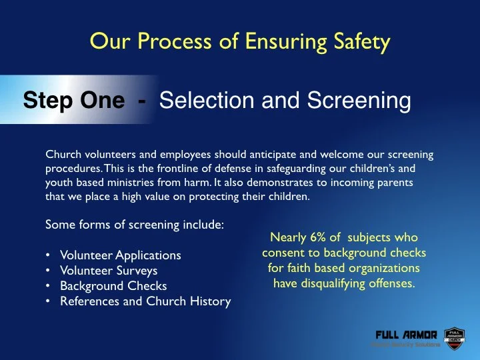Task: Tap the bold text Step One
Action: [73, 101]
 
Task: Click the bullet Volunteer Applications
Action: [120, 255]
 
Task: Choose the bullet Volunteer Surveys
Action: [109, 271]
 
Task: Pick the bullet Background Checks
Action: [113, 286]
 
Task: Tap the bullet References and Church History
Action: [145, 301]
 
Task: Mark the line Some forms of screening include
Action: [134, 225]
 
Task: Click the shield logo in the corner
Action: [454, 339]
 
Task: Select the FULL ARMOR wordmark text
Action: [406, 335]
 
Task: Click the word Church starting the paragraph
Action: [62, 155]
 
